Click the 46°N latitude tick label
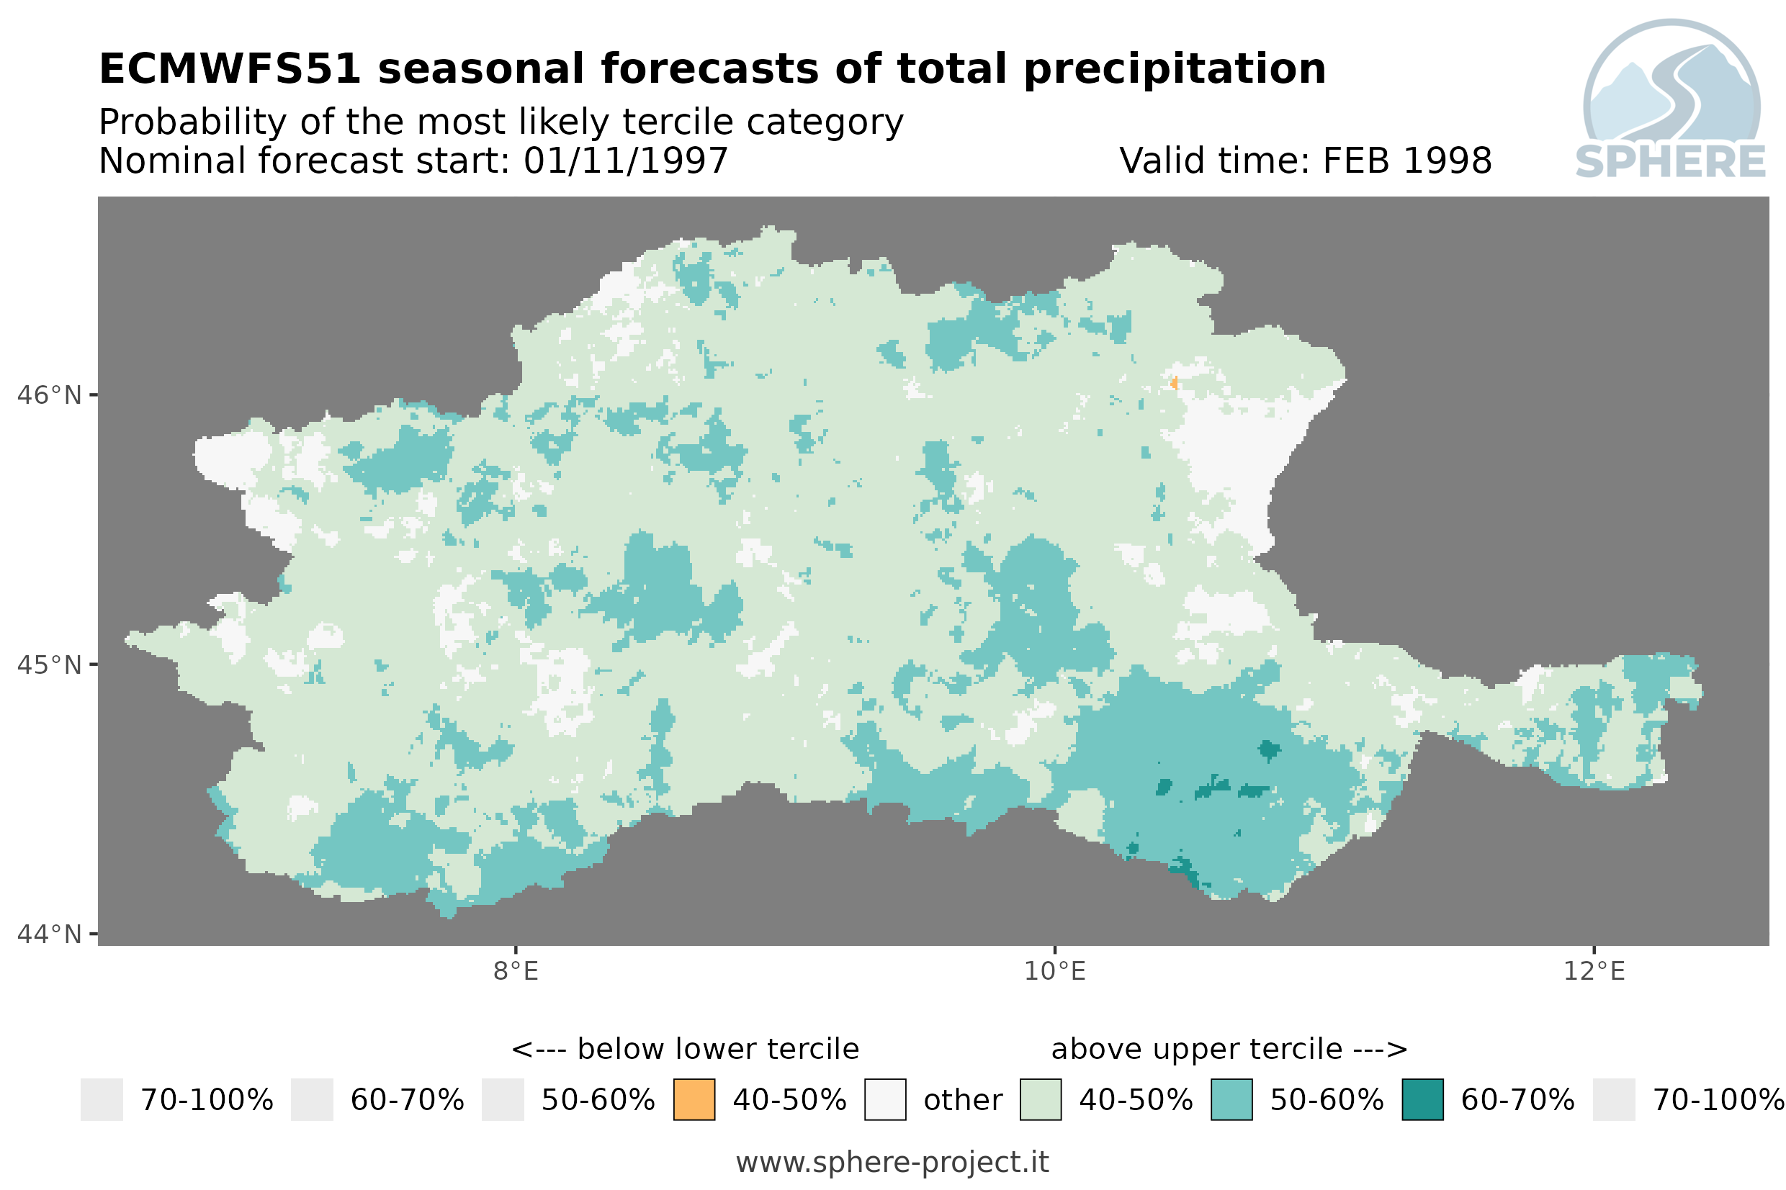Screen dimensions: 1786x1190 tap(48, 395)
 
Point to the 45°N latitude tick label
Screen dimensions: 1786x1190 tap(48, 664)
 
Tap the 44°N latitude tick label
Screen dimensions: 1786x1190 tap(48, 934)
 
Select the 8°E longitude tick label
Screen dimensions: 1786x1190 tap(516, 971)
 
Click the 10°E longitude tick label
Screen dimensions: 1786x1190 tap(1055, 971)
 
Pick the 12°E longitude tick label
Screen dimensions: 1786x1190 tap(1594, 971)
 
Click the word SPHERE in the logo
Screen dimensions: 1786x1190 tap(1671, 162)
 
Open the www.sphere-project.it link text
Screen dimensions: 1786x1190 tap(892, 1162)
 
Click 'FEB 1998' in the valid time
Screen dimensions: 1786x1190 tap(1407, 161)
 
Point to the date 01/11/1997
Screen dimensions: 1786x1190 tap(625, 161)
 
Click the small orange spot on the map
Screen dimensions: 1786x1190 tap(1174, 382)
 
